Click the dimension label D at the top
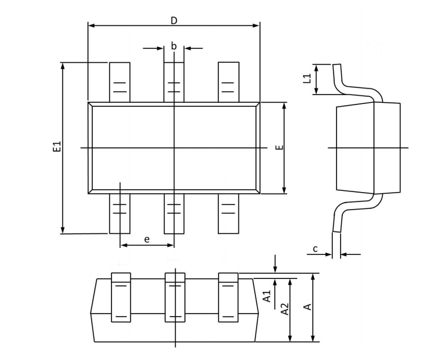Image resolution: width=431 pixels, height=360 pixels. coord(174,21)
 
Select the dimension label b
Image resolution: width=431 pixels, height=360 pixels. coord(174,46)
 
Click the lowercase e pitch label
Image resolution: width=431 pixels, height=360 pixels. coord(147,239)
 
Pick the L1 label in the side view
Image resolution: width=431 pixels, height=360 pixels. coord(307,79)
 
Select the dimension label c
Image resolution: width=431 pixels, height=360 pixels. coord(315,249)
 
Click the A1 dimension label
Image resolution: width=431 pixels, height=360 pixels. coord(267,296)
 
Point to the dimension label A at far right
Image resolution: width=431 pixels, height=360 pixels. coord(306,307)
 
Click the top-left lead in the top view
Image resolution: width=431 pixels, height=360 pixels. coord(120,82)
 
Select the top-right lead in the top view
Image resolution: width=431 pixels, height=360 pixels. coord(228,82)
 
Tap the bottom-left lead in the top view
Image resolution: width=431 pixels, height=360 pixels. coord(120,213)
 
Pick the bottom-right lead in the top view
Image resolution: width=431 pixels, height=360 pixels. coord(228,213)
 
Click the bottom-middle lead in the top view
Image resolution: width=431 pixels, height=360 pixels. coord(174,213)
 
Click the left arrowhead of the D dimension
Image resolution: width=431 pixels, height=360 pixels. coord(91,25)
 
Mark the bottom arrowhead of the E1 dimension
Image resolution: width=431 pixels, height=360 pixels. coord(62,230)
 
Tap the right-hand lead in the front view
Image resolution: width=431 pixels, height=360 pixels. coord(228,297)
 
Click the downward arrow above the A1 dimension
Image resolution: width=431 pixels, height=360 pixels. coord(274,267)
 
